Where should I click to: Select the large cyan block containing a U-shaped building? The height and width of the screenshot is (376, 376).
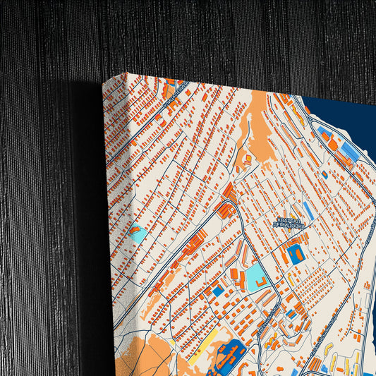pos(255,277)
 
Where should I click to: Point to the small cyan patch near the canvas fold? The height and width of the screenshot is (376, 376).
pos(138,233)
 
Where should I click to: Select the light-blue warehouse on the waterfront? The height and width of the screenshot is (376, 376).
pos(347,151)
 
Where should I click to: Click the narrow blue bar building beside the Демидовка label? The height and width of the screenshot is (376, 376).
pos(308,211)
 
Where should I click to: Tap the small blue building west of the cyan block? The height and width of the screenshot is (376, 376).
pos(218,290)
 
